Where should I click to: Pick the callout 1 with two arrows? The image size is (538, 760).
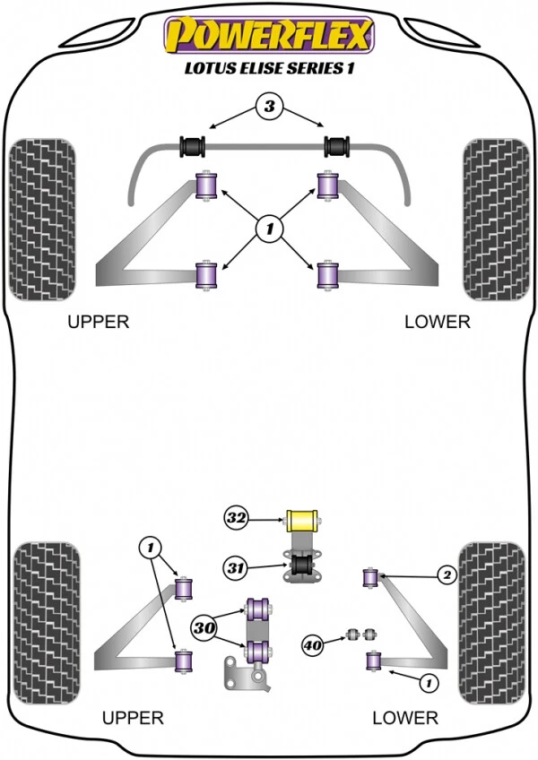150,546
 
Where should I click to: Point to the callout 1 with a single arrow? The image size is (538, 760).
429,683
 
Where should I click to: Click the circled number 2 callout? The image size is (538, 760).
446,575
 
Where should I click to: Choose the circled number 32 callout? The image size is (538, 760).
236,517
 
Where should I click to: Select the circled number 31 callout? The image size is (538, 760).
237,566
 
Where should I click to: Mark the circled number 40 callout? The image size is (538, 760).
313,643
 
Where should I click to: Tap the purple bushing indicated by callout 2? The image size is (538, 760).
369,578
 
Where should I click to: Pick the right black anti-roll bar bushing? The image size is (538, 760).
338,145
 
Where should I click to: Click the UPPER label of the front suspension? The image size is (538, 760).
98,322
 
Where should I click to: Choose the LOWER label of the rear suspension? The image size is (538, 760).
406,717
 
